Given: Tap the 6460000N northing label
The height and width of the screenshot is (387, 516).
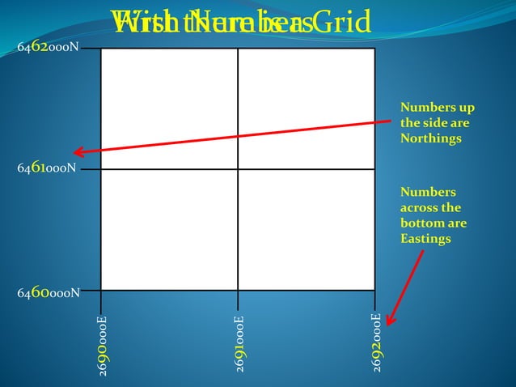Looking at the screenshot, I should (x=49, y=291).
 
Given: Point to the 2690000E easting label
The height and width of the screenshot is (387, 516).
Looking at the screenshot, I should (x=103, y=344).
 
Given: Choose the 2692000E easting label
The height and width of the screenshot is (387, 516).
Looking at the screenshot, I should (x=377, y=342).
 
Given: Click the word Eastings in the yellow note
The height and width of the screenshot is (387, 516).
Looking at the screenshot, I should (x=425, y=238).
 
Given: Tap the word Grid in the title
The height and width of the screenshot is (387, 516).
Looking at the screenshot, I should (x=345, y=21).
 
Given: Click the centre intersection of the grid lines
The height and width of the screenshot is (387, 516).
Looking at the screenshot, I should (x=238, y=169).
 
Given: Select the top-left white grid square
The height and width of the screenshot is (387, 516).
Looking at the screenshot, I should (x=169, y=108).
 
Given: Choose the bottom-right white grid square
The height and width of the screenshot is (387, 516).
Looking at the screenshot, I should (x=307, y=229).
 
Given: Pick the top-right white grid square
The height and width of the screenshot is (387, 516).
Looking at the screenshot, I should (x=307, y=108).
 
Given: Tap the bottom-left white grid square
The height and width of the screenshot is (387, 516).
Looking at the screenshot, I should (x=169, y=229).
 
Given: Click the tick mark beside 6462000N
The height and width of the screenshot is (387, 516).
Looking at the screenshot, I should (x=91, y=49).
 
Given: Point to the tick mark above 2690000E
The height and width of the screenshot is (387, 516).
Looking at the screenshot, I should (x=101, y=300).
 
